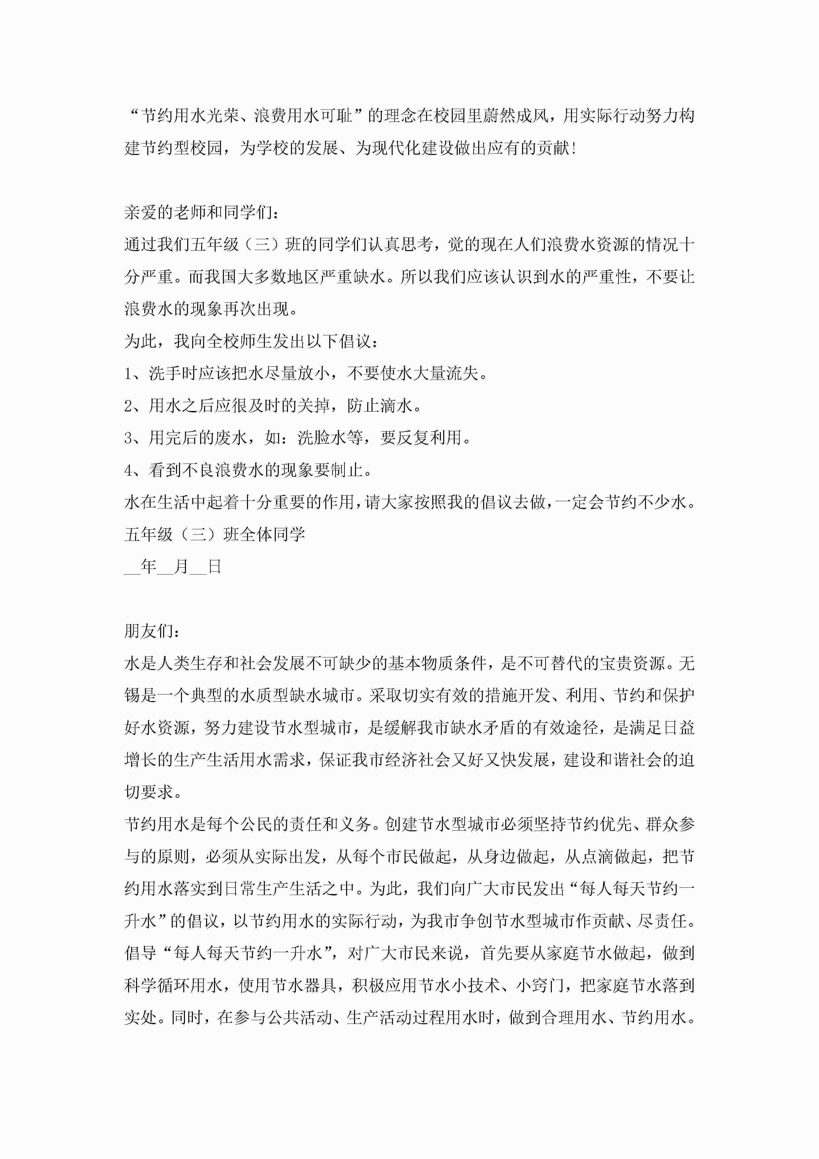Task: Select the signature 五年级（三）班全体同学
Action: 214,535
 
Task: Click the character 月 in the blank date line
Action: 181,567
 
